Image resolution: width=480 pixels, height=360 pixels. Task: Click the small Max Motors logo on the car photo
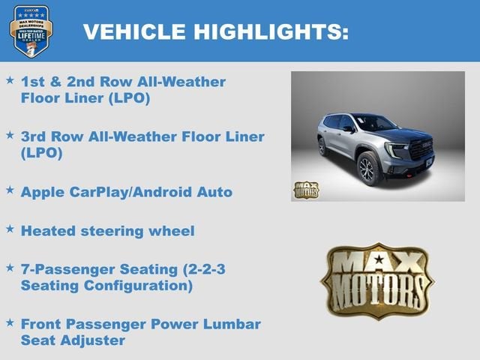point(305,190)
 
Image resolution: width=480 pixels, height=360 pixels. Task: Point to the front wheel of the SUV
point(367,169)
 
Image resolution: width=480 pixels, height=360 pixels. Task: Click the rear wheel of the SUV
point(322,147)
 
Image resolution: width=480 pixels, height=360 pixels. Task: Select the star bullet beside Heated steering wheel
point(10,229)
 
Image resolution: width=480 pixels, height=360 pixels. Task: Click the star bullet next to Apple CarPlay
point(10,190)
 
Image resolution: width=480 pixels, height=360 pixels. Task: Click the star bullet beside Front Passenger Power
point(10,322)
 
